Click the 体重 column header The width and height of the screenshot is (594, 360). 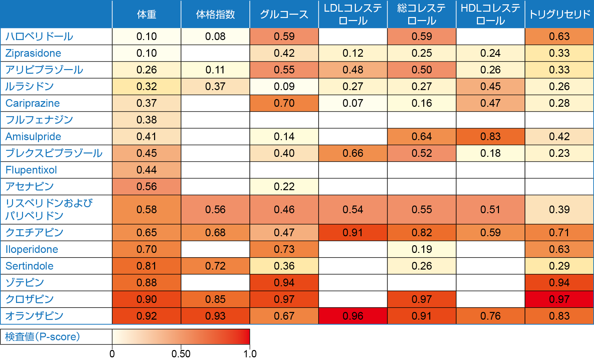(x=146, y=14)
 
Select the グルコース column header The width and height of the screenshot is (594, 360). (x=284, y=14)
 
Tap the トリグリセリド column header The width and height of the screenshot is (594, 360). (x=559, y=14)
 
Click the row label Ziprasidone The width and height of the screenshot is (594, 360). (x=33, y=53)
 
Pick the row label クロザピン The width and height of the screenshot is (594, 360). (x=30, y=299)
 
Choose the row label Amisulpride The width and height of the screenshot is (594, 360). (x=33, y=136)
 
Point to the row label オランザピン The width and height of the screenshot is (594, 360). (x=34, y=316)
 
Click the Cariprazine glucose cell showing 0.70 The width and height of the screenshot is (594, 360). (x=284, y=103)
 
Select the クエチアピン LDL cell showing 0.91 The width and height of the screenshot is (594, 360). (x=353, y=233)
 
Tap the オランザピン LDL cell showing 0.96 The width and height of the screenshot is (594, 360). (x=353, y=316)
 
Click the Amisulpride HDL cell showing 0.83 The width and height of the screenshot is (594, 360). (x=490, y=136)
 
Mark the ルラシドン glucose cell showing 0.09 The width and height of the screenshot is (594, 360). (x=284, y=86)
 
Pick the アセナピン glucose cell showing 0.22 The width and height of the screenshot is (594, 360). (x=284, y=187)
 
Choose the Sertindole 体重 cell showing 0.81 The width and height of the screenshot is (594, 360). (x=146, y=266)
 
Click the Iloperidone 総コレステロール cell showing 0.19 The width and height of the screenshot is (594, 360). (x=422, y=249)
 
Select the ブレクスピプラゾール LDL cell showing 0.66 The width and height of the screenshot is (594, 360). (x=353, y=153)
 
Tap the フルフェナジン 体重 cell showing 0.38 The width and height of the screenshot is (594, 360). (x=146, y=120)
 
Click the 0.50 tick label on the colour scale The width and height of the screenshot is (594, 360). (x=181, y=354)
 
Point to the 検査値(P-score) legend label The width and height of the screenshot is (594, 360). (x=43, y=337)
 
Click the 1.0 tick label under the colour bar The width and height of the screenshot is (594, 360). (x=250, y=354)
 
